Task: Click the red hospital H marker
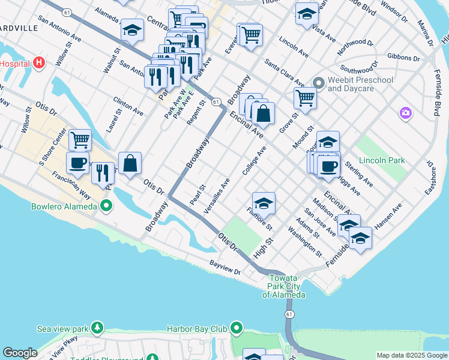coord(39,62)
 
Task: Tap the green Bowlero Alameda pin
coord(107,207)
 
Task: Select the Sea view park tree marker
coord(96,328)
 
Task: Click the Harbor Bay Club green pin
coord(237,328)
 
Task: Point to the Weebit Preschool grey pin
coord(319,84)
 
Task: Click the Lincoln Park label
coord(381,160)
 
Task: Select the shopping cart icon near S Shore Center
coord(80,140)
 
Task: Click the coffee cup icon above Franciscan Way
coord(77,163)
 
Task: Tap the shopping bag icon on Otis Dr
coord(130,163)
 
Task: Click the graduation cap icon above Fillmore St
coord(264,203)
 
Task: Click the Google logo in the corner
coord(20,353)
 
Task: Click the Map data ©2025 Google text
coord(411,355)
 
